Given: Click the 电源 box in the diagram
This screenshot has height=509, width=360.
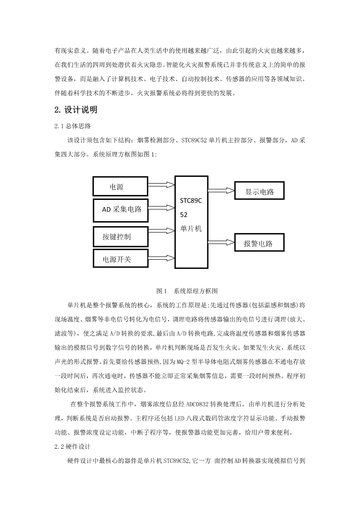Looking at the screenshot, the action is pos(121,186).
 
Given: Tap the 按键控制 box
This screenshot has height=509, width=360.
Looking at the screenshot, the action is pos(121,237).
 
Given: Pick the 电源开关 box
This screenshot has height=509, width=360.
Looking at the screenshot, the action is pos(121,258).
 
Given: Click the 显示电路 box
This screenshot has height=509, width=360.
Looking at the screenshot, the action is pos(259,190).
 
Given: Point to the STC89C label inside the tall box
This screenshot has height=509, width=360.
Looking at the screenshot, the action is pos(191,201).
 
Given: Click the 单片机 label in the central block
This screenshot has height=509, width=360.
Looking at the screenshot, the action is pos(191,228).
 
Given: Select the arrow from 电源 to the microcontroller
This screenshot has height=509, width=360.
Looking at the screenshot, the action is pos(162,185).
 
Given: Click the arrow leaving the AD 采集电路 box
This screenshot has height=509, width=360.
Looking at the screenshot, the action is pos(162,208).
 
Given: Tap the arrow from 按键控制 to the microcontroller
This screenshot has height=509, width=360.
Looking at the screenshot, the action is pos(162,231).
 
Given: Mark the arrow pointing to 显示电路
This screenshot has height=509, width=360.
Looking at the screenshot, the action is pos(221,190).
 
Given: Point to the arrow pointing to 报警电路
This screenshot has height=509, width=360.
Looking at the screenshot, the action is pos(221,242).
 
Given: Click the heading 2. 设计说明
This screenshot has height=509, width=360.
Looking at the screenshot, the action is pos(76,110).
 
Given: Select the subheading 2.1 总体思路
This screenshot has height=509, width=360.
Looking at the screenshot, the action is pos(73,126).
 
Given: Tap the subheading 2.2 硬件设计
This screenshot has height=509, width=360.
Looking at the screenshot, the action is pos(73,446).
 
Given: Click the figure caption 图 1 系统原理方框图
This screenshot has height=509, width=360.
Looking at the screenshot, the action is pos(187,291).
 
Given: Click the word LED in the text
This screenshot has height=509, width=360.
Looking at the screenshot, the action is pos(180,418).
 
